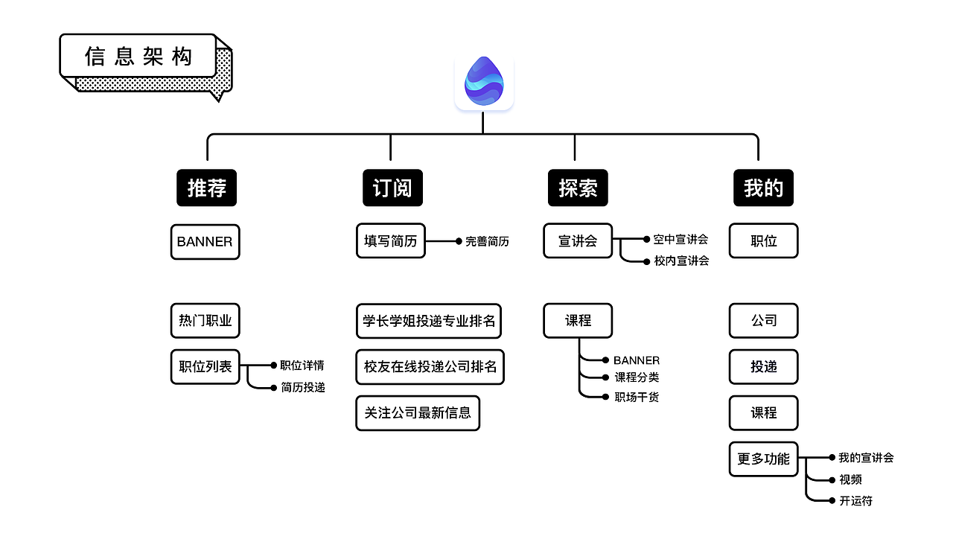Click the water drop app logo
point(484,81)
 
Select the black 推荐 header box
point(206,188)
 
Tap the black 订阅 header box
point(392,188)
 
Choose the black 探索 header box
point(578,188)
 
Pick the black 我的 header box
point(763,188)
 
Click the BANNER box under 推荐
point(205,242)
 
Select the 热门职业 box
point(205,321)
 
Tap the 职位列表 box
point(205,366)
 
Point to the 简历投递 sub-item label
point(302,388)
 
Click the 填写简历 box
point(390,241)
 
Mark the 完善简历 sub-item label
point(487,241)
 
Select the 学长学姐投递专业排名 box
point(429,321)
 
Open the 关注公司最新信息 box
point(418,412)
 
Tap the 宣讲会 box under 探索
point(578,241)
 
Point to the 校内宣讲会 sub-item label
point(681,261)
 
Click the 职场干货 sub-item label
point(636,398)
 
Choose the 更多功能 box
point(763,459)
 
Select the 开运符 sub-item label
point(855,501)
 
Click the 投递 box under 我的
point(763,366)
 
